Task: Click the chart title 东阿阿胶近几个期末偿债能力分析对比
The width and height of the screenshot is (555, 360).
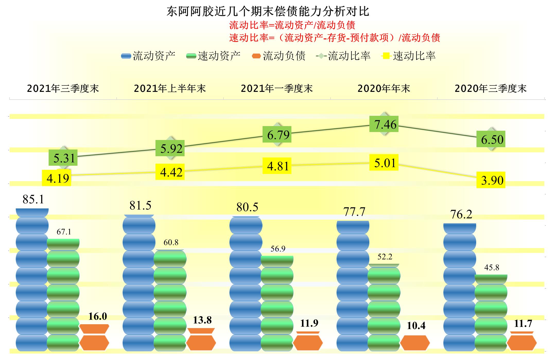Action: click(268, 12)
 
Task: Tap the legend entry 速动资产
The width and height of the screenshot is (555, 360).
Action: click(213, 56)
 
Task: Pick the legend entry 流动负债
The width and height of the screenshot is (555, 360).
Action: click(279, 56)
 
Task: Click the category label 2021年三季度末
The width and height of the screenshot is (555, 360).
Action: click(63, 89)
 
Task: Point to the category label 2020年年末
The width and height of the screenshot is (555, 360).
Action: click(384, 89)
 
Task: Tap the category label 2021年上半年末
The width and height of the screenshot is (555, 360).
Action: click(170, 89)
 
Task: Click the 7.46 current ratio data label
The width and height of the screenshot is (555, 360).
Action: click(384, 124)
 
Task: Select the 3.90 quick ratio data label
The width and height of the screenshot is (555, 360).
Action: click(491, 180)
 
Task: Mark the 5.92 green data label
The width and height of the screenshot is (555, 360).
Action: click(170, 148)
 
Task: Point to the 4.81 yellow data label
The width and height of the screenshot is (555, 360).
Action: click(277, 166)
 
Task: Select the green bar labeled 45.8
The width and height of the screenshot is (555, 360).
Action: click(491, 313)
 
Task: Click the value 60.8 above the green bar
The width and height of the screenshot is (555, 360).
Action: click(171, 242)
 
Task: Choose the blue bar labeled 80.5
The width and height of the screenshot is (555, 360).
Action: click(246, 283)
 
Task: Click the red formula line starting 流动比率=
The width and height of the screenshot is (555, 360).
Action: click(292, 25)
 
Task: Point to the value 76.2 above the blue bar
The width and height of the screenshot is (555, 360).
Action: click(461, 214)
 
